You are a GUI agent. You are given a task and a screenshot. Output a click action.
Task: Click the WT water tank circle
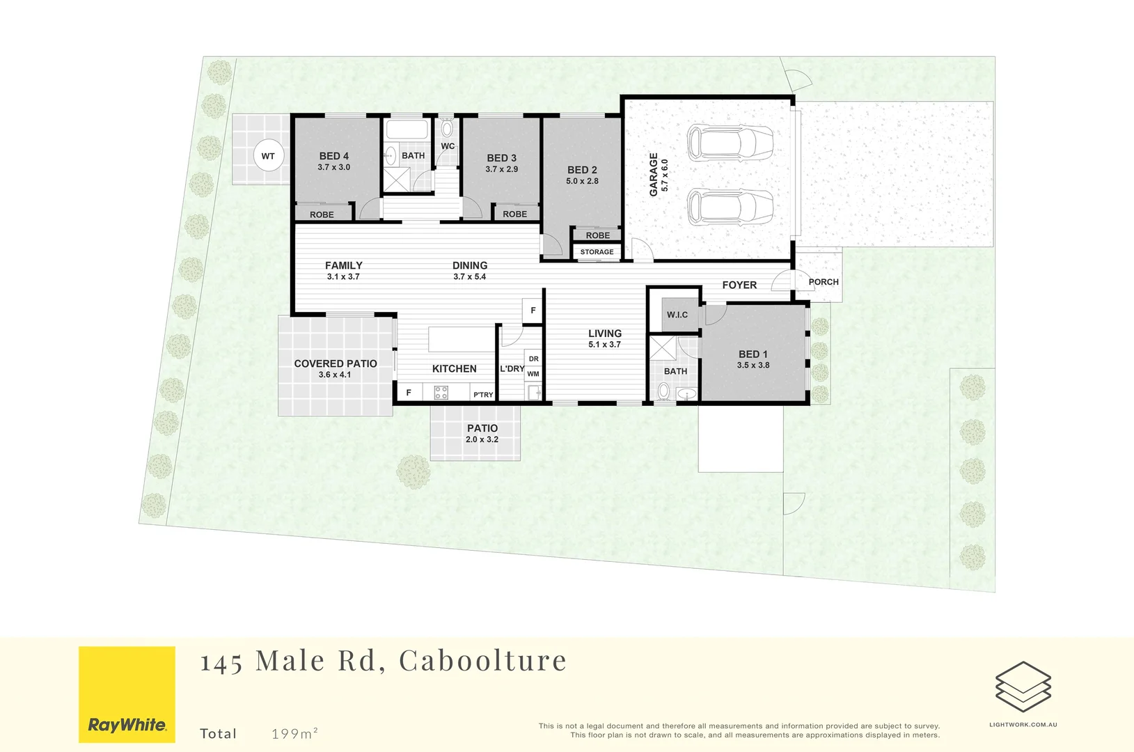pos(268,155)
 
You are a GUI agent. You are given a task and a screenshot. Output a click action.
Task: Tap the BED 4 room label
pos(333,156)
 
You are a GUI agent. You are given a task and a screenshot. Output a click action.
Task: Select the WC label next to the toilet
pos(448,146)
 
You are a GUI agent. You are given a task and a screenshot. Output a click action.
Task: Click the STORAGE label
pos(597,251)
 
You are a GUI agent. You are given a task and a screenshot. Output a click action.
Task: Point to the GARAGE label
pos(654,175)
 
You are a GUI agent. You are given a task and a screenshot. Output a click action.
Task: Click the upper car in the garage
pos(730,143)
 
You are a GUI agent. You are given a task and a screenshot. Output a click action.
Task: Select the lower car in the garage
pos(730,207)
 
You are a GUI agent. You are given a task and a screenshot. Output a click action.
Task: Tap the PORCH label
pos(824,282)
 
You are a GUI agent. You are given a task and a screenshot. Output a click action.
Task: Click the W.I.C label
pos(677,315)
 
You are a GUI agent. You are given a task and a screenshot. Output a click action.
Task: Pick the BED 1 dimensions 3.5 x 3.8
pos(753,365)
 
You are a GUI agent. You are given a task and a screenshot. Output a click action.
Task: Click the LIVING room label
pos(605,334)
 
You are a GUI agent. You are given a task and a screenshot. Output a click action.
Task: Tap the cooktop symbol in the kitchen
pos(441,393)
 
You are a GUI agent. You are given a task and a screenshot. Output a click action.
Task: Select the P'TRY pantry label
pos(483,395)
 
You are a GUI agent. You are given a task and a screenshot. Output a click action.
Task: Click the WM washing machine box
pos(533,374)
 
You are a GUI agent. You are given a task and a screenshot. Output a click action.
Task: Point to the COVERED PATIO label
pos(336,363)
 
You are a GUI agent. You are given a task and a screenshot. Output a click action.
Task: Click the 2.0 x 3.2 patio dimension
pos(482,439)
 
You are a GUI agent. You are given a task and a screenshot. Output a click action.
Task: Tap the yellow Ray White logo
pos(127,694)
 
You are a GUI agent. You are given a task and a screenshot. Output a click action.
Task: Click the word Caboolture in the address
pos(483,660)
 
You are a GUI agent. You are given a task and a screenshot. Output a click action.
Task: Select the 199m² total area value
pos(294,733)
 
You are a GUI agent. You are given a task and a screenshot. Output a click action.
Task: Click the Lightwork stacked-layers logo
pos(1023,687)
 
